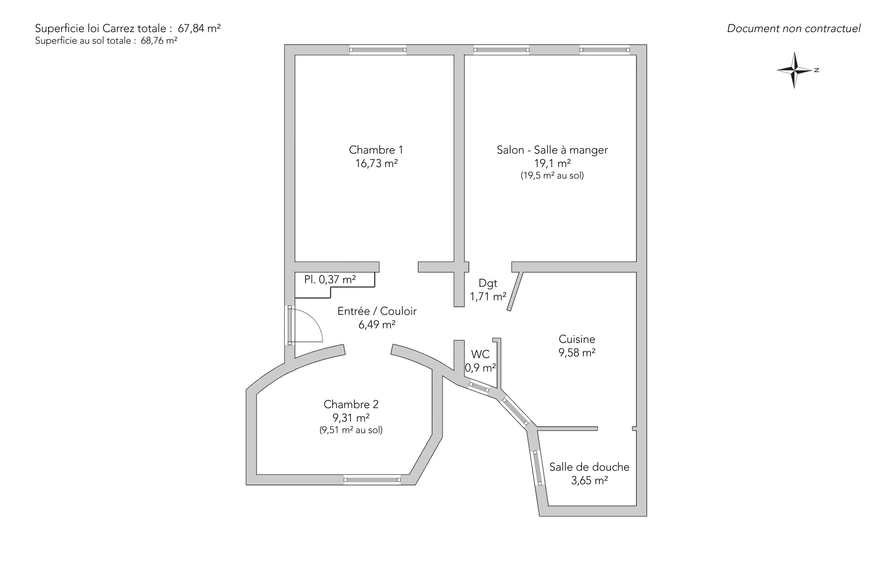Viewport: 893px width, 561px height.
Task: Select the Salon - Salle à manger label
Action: click(x=552, y=150)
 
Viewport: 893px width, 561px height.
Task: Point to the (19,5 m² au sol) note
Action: click(x=552, y=176)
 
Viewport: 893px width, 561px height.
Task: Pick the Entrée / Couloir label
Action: click(x=377, y=311)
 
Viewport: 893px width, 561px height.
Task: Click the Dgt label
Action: click(x=488, y=283)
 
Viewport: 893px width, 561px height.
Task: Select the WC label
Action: click(x=480, y=354)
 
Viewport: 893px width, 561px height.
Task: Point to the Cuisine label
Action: click(x=577, y=339)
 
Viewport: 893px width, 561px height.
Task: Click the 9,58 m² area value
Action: click(x=577, y=352)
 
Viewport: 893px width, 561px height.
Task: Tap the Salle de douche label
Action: click(x=589, y=467)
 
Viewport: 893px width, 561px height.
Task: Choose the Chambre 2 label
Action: click(x=351, y=404)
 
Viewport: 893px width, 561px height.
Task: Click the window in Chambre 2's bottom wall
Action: click(x=372, y=480)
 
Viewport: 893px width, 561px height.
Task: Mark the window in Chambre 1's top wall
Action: click(x=378, y=50)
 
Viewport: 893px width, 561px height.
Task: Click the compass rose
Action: click(x=794, y=70)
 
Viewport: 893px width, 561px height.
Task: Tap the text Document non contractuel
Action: click(x=794, y=29)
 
